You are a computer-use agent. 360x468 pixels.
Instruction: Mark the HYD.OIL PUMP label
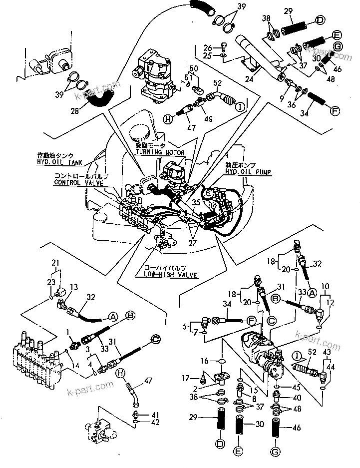pos(249,172)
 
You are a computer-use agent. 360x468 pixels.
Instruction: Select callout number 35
pos(196,203)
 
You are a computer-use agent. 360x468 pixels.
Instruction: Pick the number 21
pos(55,263)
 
